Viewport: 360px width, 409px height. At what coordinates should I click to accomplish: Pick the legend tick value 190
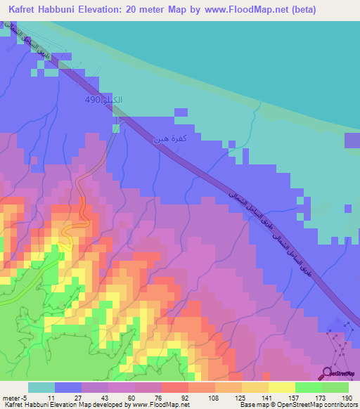click(347, 397)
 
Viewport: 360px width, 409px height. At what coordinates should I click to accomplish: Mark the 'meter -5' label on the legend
click(13, 397)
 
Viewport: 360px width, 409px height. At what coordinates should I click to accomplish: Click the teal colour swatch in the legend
click(41, 387)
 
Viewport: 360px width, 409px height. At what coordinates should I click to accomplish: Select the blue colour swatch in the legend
click(68, 387)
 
